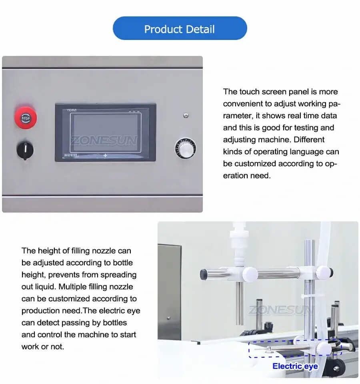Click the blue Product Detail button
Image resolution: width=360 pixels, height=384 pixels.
point(180,29)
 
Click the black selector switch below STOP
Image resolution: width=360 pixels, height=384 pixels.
point(25,150)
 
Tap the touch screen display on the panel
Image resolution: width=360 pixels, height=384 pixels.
point(105,132)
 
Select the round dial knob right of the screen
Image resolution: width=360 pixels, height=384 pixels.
point(185,148)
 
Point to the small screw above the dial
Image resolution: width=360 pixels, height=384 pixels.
point(186,115)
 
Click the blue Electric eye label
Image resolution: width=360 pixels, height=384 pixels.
point(295,366)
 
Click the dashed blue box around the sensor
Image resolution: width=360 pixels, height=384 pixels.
point(295,349)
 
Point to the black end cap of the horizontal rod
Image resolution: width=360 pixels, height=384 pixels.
point(204,274)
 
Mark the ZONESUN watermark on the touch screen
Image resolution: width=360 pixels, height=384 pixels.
point(104,141)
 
